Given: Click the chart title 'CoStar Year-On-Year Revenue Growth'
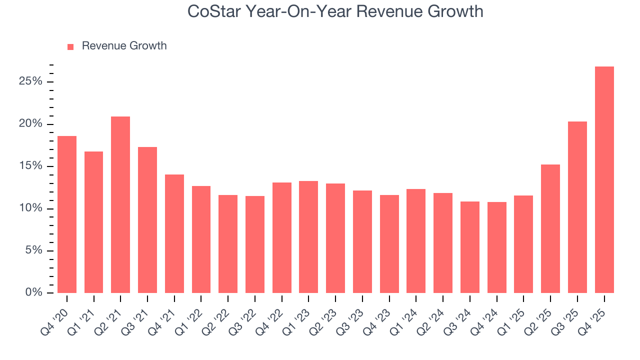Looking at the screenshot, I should [335, 11].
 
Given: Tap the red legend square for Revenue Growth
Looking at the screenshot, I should [70, 46].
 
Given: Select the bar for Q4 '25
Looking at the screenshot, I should [604, 179].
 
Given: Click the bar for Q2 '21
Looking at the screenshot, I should [120, 204].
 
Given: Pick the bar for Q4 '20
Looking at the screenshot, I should [67, 214].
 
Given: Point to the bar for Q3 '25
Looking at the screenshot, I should [577, 207].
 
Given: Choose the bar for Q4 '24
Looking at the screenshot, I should [496, 247].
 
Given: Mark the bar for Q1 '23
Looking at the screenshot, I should [308, 237].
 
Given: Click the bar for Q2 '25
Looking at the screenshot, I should [550, 228].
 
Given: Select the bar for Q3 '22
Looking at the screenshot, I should [255, 244].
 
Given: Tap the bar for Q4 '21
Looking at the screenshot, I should [174, 233].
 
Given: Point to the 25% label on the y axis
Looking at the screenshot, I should [30, 81].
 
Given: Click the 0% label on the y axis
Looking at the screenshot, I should [33, 292].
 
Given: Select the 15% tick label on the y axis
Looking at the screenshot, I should [30, 166].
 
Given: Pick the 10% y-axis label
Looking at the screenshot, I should [30, 208].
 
